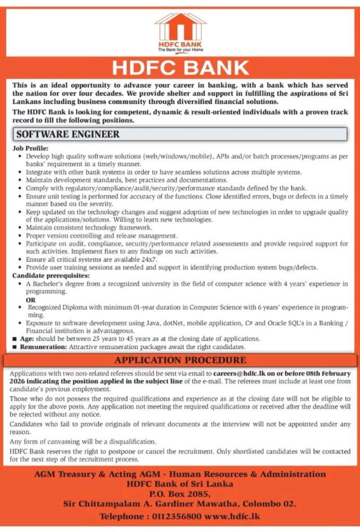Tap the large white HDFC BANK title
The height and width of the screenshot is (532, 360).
[180, 68]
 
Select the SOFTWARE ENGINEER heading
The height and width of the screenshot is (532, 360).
[68, 134]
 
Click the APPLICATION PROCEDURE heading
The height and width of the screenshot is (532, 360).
[180, 360]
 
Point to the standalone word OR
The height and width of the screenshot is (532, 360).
[32, 301]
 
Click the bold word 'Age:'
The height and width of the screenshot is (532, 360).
[28, 339]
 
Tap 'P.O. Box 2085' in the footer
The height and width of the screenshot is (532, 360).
[180, 494]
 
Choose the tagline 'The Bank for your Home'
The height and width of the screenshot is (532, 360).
[180, 50]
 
